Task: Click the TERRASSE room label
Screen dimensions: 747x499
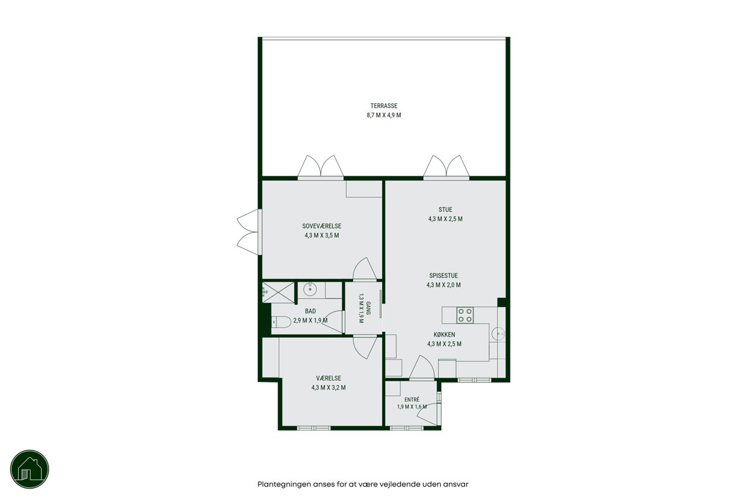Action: [384, 106]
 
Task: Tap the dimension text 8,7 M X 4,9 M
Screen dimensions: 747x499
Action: [384, 115]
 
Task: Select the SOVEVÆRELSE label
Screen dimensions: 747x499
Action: [322, 226]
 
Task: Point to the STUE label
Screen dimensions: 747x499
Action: [445, 209]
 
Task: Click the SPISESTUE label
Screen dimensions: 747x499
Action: [443, 276]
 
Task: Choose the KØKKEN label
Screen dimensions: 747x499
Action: [444, 335]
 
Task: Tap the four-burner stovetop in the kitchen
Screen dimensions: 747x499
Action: [465, 315]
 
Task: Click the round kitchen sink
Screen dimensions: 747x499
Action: [498, 333]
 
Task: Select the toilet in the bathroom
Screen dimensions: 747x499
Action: [281, 322]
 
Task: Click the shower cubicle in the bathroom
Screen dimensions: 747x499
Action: [278, 292]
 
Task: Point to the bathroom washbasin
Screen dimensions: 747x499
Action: [310, 290]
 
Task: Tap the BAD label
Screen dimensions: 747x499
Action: [310, 311]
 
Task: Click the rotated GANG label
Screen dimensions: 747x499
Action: [369, 308]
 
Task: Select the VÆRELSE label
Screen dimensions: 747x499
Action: [329, 378]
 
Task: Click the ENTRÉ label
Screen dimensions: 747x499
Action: [412, 399]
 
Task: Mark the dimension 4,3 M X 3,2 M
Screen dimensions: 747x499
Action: [329, 387]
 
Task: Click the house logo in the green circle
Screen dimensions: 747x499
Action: [30, 469]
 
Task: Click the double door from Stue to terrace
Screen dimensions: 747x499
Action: [446, 166]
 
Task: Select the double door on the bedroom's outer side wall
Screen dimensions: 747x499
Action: [248, 232]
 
